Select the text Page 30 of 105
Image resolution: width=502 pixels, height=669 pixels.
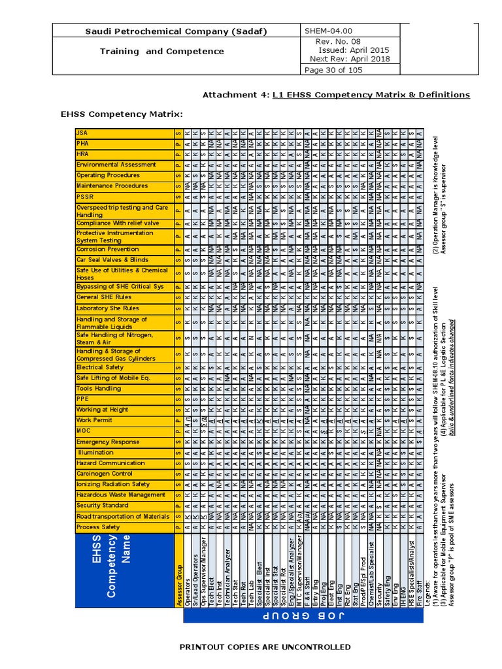click(x=332, y=70)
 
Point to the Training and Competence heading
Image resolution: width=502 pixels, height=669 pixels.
click(x=161, y=51)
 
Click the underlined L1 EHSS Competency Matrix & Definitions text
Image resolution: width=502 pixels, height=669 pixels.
click(x=371, y=95)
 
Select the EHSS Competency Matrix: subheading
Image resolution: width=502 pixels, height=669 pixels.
click(x=122, y=115)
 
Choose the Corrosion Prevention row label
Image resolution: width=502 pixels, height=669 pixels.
click(x=108, y=249)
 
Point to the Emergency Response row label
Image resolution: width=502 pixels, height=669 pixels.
click(x=108, y=442)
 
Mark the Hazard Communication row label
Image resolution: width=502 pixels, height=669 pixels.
click(x=112, y=463)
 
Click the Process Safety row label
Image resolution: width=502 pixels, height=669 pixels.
click(x=98, y=527)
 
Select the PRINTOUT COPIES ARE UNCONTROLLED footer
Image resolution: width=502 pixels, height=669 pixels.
click(x=265, y=647)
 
